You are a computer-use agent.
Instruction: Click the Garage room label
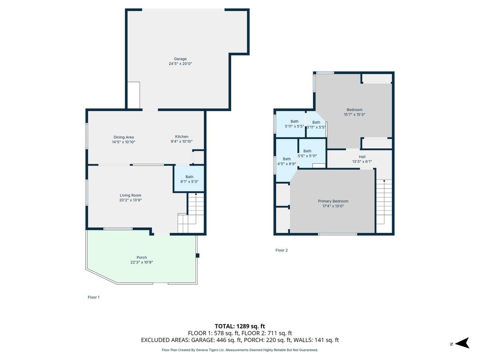point(180,59)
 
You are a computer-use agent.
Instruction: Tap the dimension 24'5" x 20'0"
point(180,64)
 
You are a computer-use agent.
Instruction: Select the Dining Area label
point(124,137)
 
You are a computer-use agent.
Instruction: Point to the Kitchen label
point(181,137)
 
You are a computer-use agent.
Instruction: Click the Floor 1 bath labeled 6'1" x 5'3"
point(189,179)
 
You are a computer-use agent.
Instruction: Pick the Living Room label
point(130,195)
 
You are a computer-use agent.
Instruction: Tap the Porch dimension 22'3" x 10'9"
point(142,262)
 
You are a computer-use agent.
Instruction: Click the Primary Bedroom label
point(333,201)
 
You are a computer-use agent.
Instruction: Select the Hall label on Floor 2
point(362,157)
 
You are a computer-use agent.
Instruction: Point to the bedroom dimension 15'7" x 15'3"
point(354,114)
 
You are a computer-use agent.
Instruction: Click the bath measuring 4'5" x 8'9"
point(287,161)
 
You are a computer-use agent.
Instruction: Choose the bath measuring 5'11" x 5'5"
point(294,124)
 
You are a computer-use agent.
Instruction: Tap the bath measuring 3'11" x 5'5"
point(316,125)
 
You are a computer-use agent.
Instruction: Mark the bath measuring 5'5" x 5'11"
point(307,153)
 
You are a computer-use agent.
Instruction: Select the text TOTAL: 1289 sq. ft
point(240,326)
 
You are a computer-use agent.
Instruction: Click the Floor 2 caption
point(281,250)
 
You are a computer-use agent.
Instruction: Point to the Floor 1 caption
point(94,297)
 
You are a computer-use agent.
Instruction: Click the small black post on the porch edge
point(197,256)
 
